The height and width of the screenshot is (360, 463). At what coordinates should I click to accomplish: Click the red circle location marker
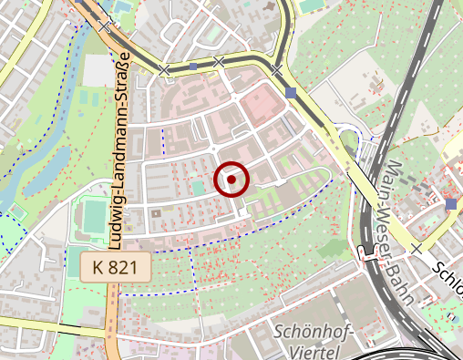coord(232,180)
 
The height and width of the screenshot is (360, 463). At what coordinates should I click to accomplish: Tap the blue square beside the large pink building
coord(290,93)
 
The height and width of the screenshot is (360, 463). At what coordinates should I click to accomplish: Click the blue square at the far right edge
coord(451,203)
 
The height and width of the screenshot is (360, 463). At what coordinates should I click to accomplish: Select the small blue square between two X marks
coord(193,67)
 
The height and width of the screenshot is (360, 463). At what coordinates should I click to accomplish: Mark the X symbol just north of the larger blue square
coord(275,68)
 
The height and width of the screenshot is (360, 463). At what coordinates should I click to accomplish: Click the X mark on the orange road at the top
coord(109,23)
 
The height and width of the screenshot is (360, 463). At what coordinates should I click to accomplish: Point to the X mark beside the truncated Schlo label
coord(417,248)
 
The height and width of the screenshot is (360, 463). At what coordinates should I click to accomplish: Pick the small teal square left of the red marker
coord(198,186)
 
